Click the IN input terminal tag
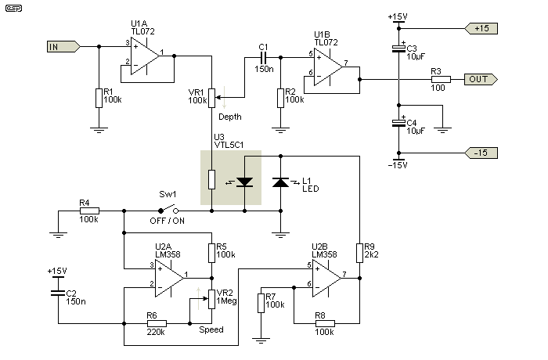tap(63, 46)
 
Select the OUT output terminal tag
tap(481, 79)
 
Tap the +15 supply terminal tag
tap(481, 28)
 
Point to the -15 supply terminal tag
tap(481, 153)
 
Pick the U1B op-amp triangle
tap(328, 67)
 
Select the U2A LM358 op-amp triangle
tap(170, 278)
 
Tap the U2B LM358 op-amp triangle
tap(326, 278)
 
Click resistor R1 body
tap(99, 98)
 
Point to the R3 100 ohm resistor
tap(441, 79)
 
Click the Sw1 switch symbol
tap(168, 210)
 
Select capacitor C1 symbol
tap(263, 58)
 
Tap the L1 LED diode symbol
tap(280, 182)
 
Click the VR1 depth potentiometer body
tap(212, 98)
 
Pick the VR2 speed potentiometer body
tap(212, 299)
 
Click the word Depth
tap(230, 117)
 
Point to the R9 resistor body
tap(359, 253)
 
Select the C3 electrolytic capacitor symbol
tap(398, 49)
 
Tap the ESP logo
tap(13, 8)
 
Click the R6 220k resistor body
tap(157, 323)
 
